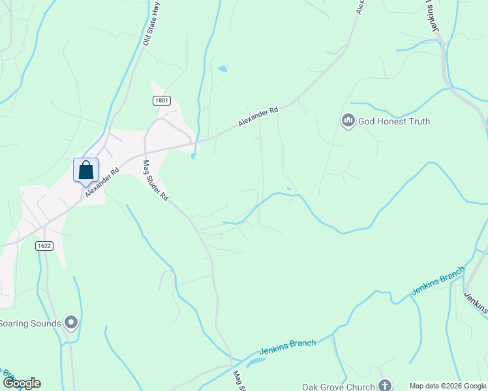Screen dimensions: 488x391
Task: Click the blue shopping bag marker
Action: pos(85,171)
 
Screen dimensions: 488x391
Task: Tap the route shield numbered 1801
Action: pos(162,100)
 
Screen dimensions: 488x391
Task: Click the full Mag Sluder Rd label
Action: pos(155,180)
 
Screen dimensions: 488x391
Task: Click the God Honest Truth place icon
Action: pos(348,121)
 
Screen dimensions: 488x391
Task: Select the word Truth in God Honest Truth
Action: pos(416,121)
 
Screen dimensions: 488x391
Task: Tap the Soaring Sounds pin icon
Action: pos(72,323)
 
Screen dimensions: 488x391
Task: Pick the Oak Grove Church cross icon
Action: pos(385,385)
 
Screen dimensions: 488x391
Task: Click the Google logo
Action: pos(21,383)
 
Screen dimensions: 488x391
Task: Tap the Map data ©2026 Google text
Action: pos(448,386)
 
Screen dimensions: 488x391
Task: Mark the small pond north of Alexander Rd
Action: pos(223,68)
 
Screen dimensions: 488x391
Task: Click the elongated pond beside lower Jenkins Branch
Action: pos(256,362)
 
